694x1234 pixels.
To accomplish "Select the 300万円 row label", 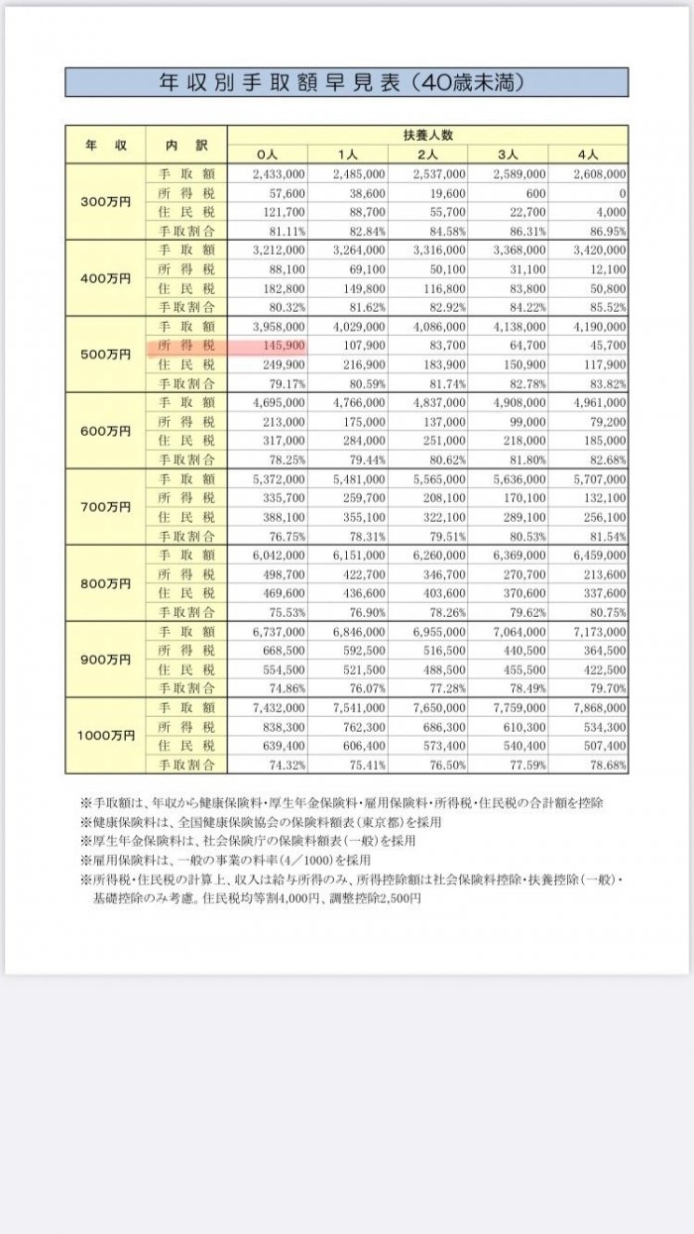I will tap(105, 202).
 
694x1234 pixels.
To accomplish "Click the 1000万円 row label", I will tap(105, 736).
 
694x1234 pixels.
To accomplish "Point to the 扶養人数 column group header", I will tap(427, 135).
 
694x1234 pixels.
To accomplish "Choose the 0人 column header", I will tap(268, 154).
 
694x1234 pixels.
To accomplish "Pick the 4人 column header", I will tap(587, 154).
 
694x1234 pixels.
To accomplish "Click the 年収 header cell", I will tap(105, 145).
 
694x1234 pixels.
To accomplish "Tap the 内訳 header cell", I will tap(186, 145).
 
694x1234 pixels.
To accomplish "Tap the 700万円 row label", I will tap(105, 507).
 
